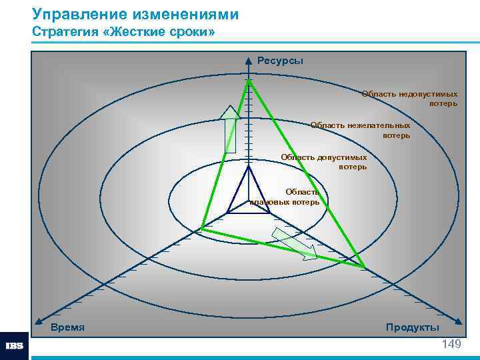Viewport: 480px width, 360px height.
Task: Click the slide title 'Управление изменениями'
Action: coord(135,14)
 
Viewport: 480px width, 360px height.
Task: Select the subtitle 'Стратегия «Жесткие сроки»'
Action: coord(123,33)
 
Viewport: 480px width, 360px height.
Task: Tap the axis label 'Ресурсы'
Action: coord(280,61)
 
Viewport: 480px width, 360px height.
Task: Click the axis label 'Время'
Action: coord(67,327)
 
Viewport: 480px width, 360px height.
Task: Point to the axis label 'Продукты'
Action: coord(412,327)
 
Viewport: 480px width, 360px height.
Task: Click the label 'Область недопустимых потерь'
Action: coord(409,99)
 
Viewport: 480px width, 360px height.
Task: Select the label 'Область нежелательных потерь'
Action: coord(361,130)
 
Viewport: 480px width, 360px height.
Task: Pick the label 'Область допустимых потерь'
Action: coord(324,162)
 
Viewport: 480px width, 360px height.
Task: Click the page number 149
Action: coord(451,344)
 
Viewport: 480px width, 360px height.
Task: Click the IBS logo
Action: coord(14,346)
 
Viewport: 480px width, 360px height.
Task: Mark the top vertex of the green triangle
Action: coord(249,81)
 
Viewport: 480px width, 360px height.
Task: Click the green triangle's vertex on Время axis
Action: coord(202,229)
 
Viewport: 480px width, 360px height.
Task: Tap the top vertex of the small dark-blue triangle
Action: coord(249,167)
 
